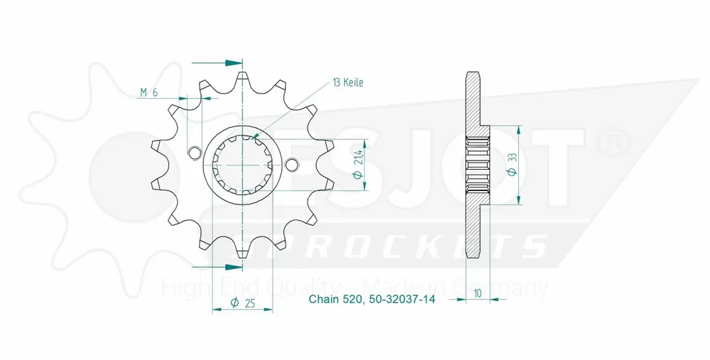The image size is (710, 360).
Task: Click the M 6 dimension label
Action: point(148,92)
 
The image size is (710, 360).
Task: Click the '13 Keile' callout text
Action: point(348,82)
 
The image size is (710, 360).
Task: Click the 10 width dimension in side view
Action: point(480,293)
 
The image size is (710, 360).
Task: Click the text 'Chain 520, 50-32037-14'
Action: point(371,300)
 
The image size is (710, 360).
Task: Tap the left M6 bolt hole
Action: point(192,151)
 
